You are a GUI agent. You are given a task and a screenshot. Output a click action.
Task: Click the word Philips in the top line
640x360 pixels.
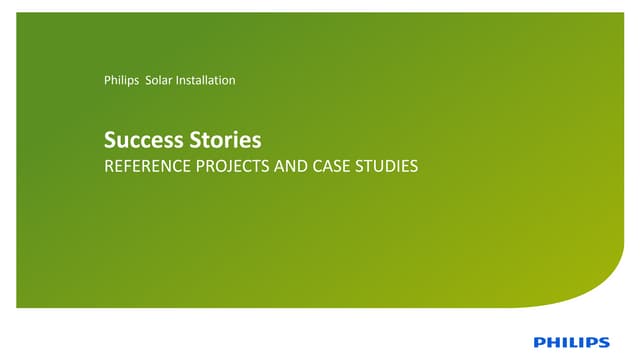[x=121, y=80]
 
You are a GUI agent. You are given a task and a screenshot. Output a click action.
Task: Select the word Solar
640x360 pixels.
[x=159, y=80]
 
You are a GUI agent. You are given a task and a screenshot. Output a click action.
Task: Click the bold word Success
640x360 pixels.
[x=139, y=141]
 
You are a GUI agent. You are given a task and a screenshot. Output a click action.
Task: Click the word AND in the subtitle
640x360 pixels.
[x=288, y=166]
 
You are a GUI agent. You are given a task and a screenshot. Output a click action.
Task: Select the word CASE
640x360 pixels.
[x=329, y=166]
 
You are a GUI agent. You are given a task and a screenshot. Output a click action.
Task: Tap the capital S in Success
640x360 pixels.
[x=110, y=141]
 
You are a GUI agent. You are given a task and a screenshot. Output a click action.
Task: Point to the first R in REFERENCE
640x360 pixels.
[x=109, y=166]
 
